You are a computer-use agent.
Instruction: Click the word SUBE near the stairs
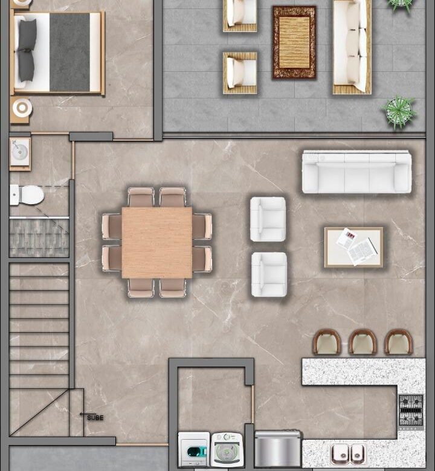pos(95,417)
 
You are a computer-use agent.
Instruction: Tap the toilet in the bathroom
pos(27,195)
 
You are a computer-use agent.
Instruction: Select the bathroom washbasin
pos(20,152)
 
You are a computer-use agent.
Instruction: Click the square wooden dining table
pos(157,242)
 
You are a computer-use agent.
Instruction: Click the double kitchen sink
pos(348,454)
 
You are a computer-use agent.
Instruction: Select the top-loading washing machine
pos(227,450)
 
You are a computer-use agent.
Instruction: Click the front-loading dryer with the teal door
pos(194,449)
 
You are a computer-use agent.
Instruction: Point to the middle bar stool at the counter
pos(362,342)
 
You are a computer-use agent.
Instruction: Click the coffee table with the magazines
pos(354,247)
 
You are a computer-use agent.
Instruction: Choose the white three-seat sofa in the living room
pos(356,172)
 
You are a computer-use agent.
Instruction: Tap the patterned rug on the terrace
pos(294,42)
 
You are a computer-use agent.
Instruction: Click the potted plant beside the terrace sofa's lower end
pos(400,112)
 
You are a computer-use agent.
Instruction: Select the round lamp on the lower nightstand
pos(22,107)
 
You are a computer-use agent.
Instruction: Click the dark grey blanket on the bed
pos(69,52)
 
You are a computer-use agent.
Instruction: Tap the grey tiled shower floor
pos(39,237)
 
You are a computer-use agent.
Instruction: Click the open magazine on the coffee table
pos(363,251)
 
